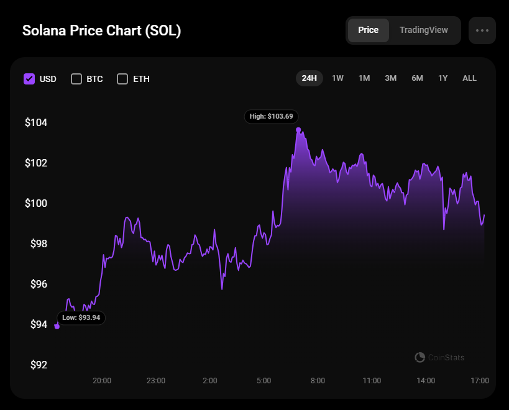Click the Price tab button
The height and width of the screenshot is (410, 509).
(369, 30)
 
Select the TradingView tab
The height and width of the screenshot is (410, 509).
(423, 30)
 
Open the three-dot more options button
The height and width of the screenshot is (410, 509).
(482, 30)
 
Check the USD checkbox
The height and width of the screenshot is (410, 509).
(29, 79)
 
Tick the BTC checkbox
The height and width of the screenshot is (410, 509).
(76, 79)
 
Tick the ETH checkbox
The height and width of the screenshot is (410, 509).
(122, 79)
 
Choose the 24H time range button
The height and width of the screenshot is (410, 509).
(310, 78)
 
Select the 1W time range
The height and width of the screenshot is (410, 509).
(337, 78)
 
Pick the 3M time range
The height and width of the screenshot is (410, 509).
(390, 78)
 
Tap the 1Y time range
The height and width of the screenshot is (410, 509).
(443, 78)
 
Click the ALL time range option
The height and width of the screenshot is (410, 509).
(469, 78)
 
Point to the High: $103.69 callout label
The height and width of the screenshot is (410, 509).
(272, 116)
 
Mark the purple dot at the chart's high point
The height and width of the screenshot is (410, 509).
(299, 130)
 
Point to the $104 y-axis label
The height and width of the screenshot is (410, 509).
(35, 122)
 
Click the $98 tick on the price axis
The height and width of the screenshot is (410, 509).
(39, 244)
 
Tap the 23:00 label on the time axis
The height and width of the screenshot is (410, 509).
(155, 380)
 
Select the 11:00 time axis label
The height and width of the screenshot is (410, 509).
(372, 380)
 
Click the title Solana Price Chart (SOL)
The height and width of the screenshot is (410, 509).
(102, 30)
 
